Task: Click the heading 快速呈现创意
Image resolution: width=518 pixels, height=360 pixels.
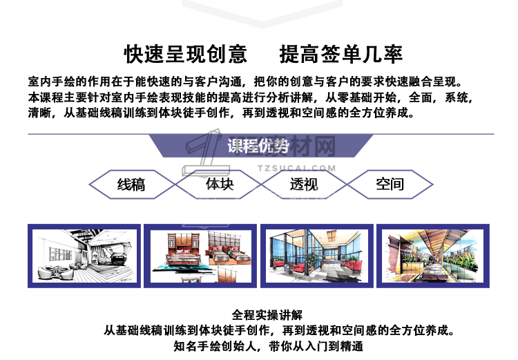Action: point(186,54)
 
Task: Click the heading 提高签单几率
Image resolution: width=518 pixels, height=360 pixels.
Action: point(341,54)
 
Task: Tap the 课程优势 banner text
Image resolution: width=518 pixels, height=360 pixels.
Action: point(258,146)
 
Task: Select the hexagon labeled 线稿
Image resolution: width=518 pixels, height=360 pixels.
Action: point(132,184)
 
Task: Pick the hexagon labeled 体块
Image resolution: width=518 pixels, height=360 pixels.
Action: point(218,184)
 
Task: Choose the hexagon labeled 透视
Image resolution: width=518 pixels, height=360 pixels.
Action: point(304,184)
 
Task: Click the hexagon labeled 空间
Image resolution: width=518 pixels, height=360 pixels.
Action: point(390,184)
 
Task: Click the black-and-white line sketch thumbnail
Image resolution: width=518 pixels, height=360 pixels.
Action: point(84,256)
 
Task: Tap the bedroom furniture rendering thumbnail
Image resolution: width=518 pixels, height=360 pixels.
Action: point(200,256)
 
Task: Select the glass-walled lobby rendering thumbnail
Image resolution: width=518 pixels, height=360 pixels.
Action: point(317,256)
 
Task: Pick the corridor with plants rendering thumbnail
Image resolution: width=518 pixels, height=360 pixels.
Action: point(433,256)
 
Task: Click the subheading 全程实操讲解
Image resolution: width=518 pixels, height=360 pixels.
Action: point(267,315)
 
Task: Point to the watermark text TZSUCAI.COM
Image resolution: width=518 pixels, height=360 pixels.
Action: point(297,169)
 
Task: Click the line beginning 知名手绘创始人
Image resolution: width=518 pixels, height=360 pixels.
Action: point(268,346)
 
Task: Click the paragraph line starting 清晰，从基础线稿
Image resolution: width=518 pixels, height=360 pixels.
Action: point(221,113)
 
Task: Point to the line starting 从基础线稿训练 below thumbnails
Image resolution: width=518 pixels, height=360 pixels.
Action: point(279,330)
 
